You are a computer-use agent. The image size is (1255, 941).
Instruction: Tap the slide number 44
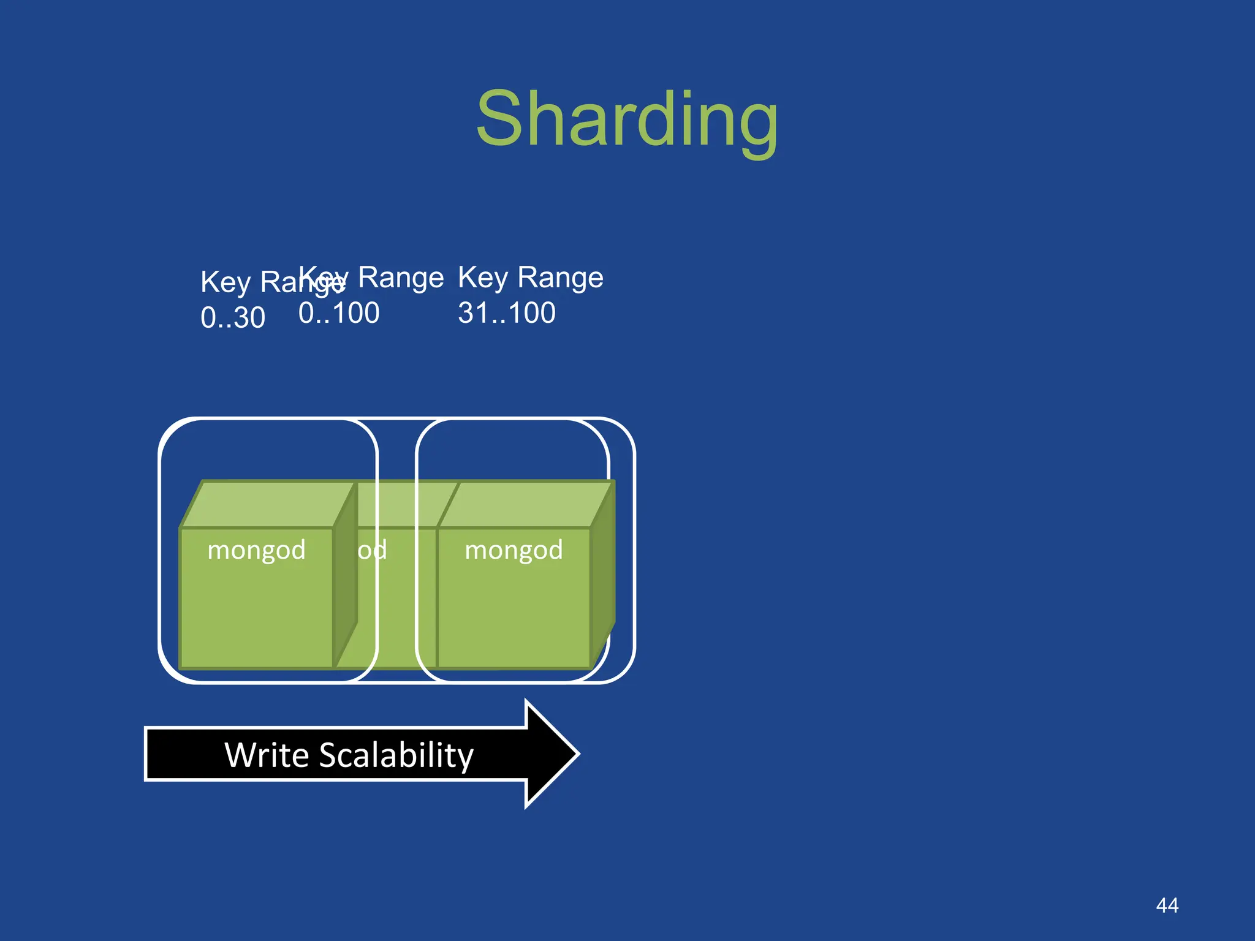(1167, 905)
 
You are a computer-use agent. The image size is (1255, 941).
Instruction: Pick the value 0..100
(339, 313)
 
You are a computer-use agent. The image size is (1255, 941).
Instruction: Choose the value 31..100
(507, 313)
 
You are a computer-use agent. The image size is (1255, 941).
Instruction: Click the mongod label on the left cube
(256, 550)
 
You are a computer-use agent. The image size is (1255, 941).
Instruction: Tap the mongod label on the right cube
(514, 550)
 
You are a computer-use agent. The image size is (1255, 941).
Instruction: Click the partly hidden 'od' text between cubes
(372, 550)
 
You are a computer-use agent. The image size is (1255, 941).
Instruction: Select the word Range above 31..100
(560, 277)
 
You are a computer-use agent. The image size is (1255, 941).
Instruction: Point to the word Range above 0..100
(400, 277)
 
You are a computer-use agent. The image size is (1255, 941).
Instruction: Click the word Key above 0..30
(226, 282)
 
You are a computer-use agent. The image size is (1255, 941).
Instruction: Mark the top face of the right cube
(526, 504)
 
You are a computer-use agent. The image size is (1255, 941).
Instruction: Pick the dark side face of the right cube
(602, 576)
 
